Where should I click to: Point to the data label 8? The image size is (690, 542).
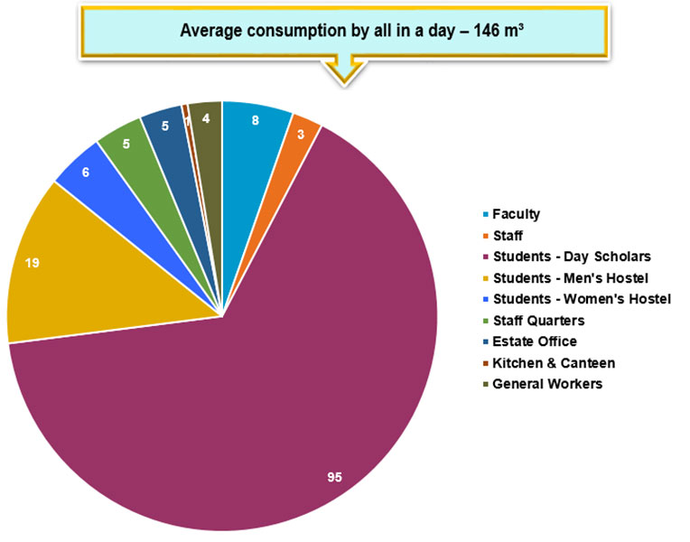(x=256, y=119)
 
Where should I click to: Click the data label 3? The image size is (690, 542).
(x=302, y=135)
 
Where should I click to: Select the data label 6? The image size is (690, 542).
(x=85, y=171)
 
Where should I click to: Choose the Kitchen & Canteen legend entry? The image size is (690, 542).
(x=553, y=362)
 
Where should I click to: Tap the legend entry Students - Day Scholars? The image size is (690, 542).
(x=571, y=257)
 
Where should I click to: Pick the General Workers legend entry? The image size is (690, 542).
(x=546, y=384)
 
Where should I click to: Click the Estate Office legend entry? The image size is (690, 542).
(x=534, y=341)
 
